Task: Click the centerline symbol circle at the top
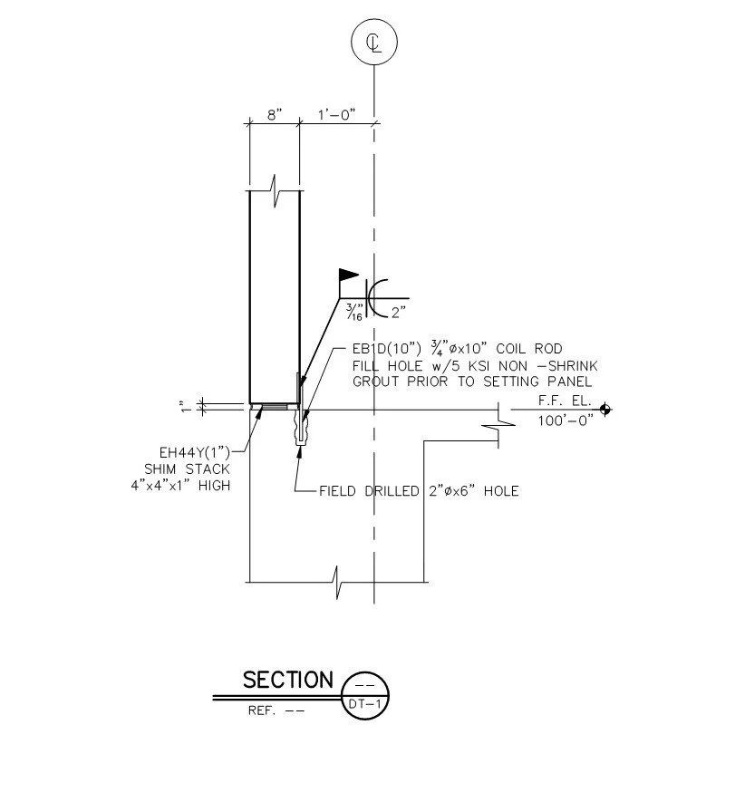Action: click(x=374, y=19)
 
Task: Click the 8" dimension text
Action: click(x=275, y=114)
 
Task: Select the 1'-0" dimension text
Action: click(x=336, y=114)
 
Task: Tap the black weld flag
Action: click(x=349, y=275)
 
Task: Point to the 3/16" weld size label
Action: click(x=354, y=312)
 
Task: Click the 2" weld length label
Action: click(x=399, y=312)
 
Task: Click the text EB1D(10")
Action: click(x=387, y=349)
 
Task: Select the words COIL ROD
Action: click(x=529, y=349)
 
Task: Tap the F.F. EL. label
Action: click(x=565, y=401)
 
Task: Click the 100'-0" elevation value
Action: click(x=566, y=420)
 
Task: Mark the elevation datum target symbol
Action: click(x=605, y=410)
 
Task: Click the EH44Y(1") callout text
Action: click(x=195, y=453)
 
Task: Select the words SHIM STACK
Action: click(x=188, y=469)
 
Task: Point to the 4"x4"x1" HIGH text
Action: click(x=180, y=486)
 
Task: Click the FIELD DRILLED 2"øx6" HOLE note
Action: click(x=419, y=491)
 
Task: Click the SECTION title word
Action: click(x=288, y=681)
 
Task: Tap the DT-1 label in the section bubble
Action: click(x=364, y=704)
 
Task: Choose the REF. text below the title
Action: click(x=261, y=710)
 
